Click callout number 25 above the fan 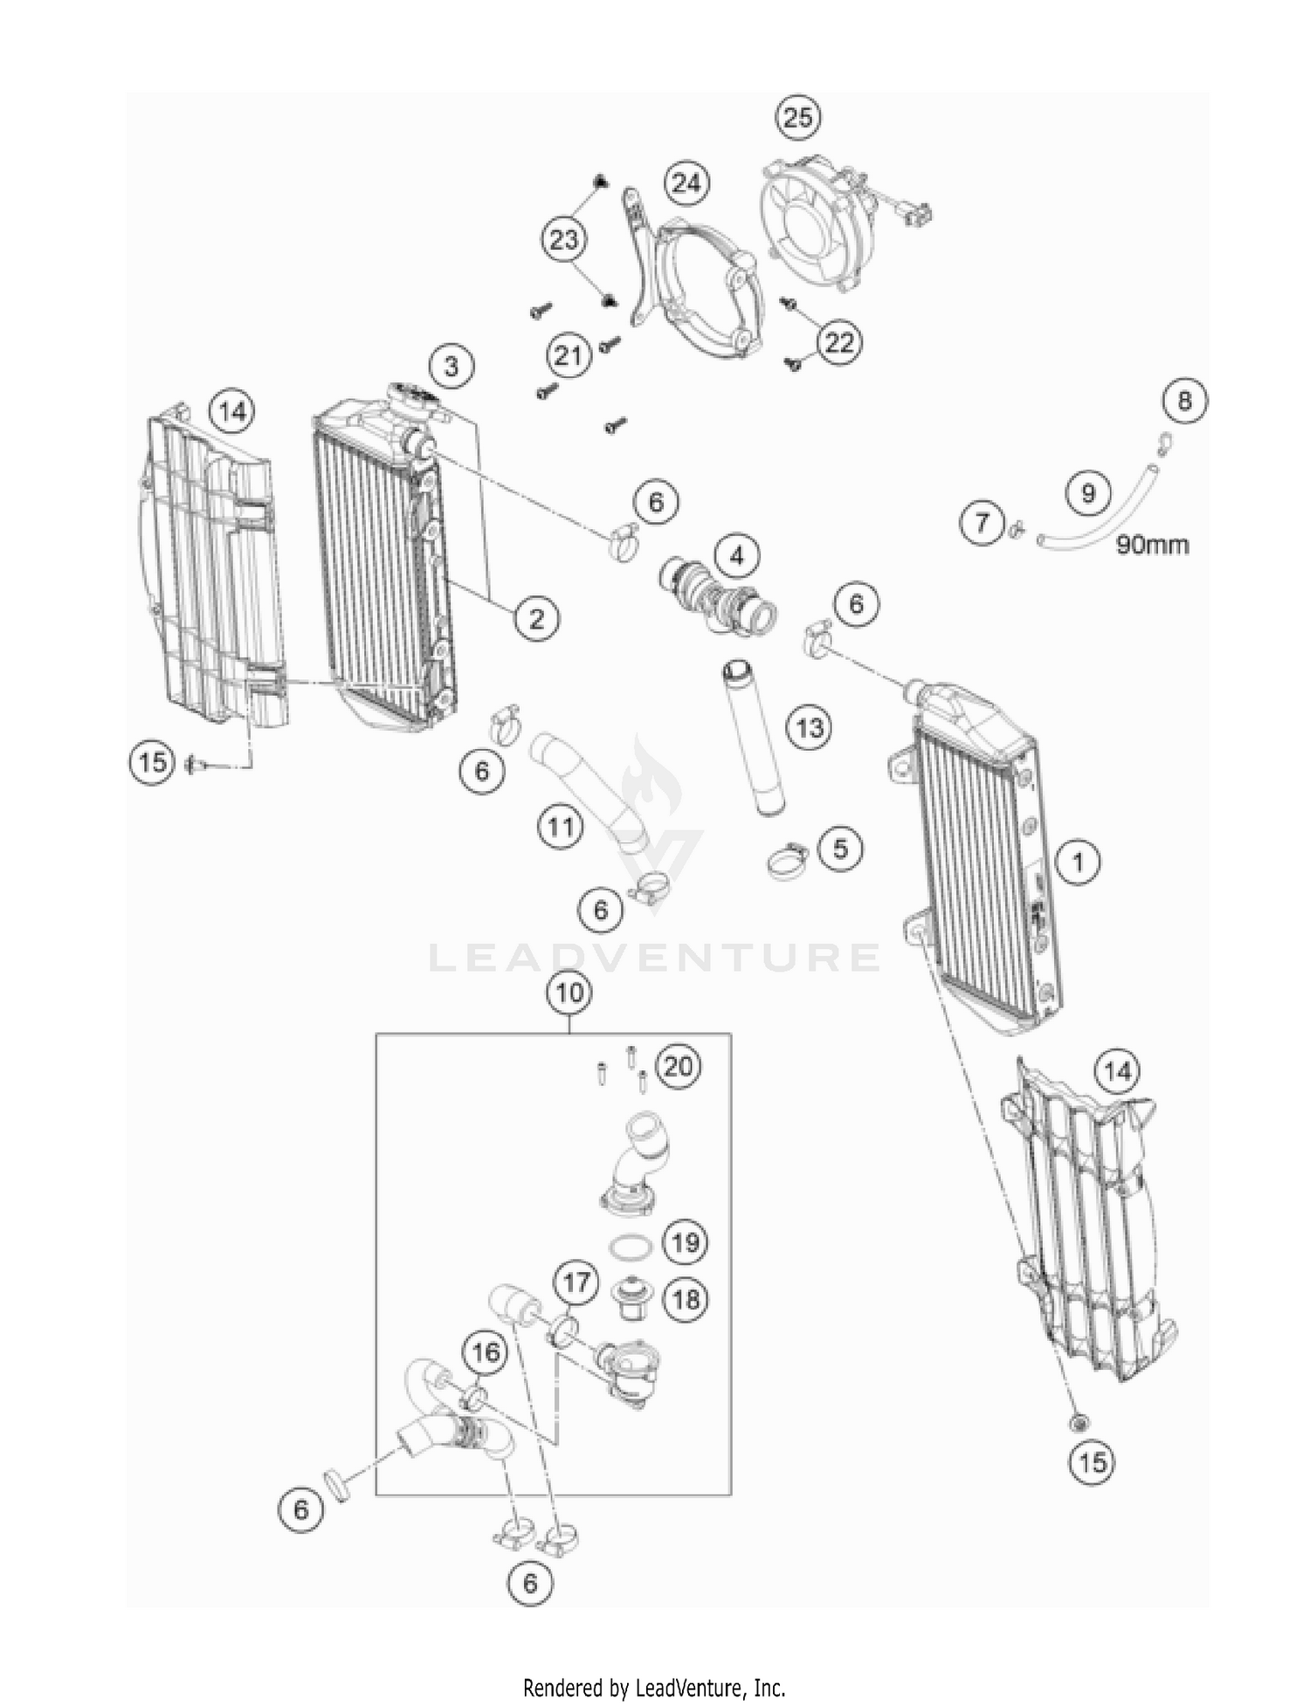pyautogui.click(x=797, y=118)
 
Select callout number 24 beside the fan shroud pyautogui.click(x=686, y=183)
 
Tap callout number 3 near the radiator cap pyautogui.click(x=451, y=366)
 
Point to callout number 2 pyautogui.click(x=535, y=619)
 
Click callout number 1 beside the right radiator pyautogui.click(x=1078, y=863)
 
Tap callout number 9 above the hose pyautogui.click(x=1087, y=494)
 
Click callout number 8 pyautogui.click(x=1183, y=401)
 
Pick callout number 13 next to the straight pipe pyautogui.click(x=810, y=727)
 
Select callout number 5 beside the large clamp pyautogui.click(x=839, y=849)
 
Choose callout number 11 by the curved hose pyautogui.click(x=560, y=826)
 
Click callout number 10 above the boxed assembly pyautogui.click(x=569, y=993)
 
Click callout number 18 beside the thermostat pyautogui.click(x=686, y=1299)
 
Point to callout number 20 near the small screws pyautogui.click(x=678, y=1066)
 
